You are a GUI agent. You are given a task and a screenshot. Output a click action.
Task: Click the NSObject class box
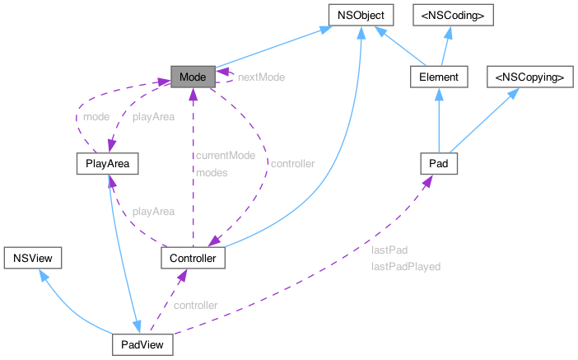tap(359, 15)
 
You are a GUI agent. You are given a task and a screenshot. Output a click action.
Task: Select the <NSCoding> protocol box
tap(452, 15)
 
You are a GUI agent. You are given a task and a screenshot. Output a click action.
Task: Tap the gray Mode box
tap(193, 77)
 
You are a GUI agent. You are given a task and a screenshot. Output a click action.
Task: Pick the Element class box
tap(439, 77)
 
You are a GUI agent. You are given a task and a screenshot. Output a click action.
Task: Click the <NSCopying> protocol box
tap(528, 77)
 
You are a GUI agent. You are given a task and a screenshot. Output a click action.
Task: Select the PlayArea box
tap(105, 164)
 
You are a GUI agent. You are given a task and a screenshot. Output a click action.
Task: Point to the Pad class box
tap(439, 164)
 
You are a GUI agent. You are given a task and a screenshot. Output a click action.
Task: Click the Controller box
tap(193, 259)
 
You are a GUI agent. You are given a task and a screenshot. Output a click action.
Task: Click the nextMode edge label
tap(262, 77)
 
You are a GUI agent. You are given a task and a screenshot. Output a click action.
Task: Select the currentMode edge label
tap(225, 155)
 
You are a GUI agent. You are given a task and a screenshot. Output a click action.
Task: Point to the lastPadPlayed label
tap(406, 266)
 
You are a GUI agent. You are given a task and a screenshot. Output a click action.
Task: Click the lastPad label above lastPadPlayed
tap(389, 250)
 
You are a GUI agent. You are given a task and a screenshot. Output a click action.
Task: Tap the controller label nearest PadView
tap(195, 305)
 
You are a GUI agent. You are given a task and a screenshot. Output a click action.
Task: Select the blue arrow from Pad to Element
tap(439, 120)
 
